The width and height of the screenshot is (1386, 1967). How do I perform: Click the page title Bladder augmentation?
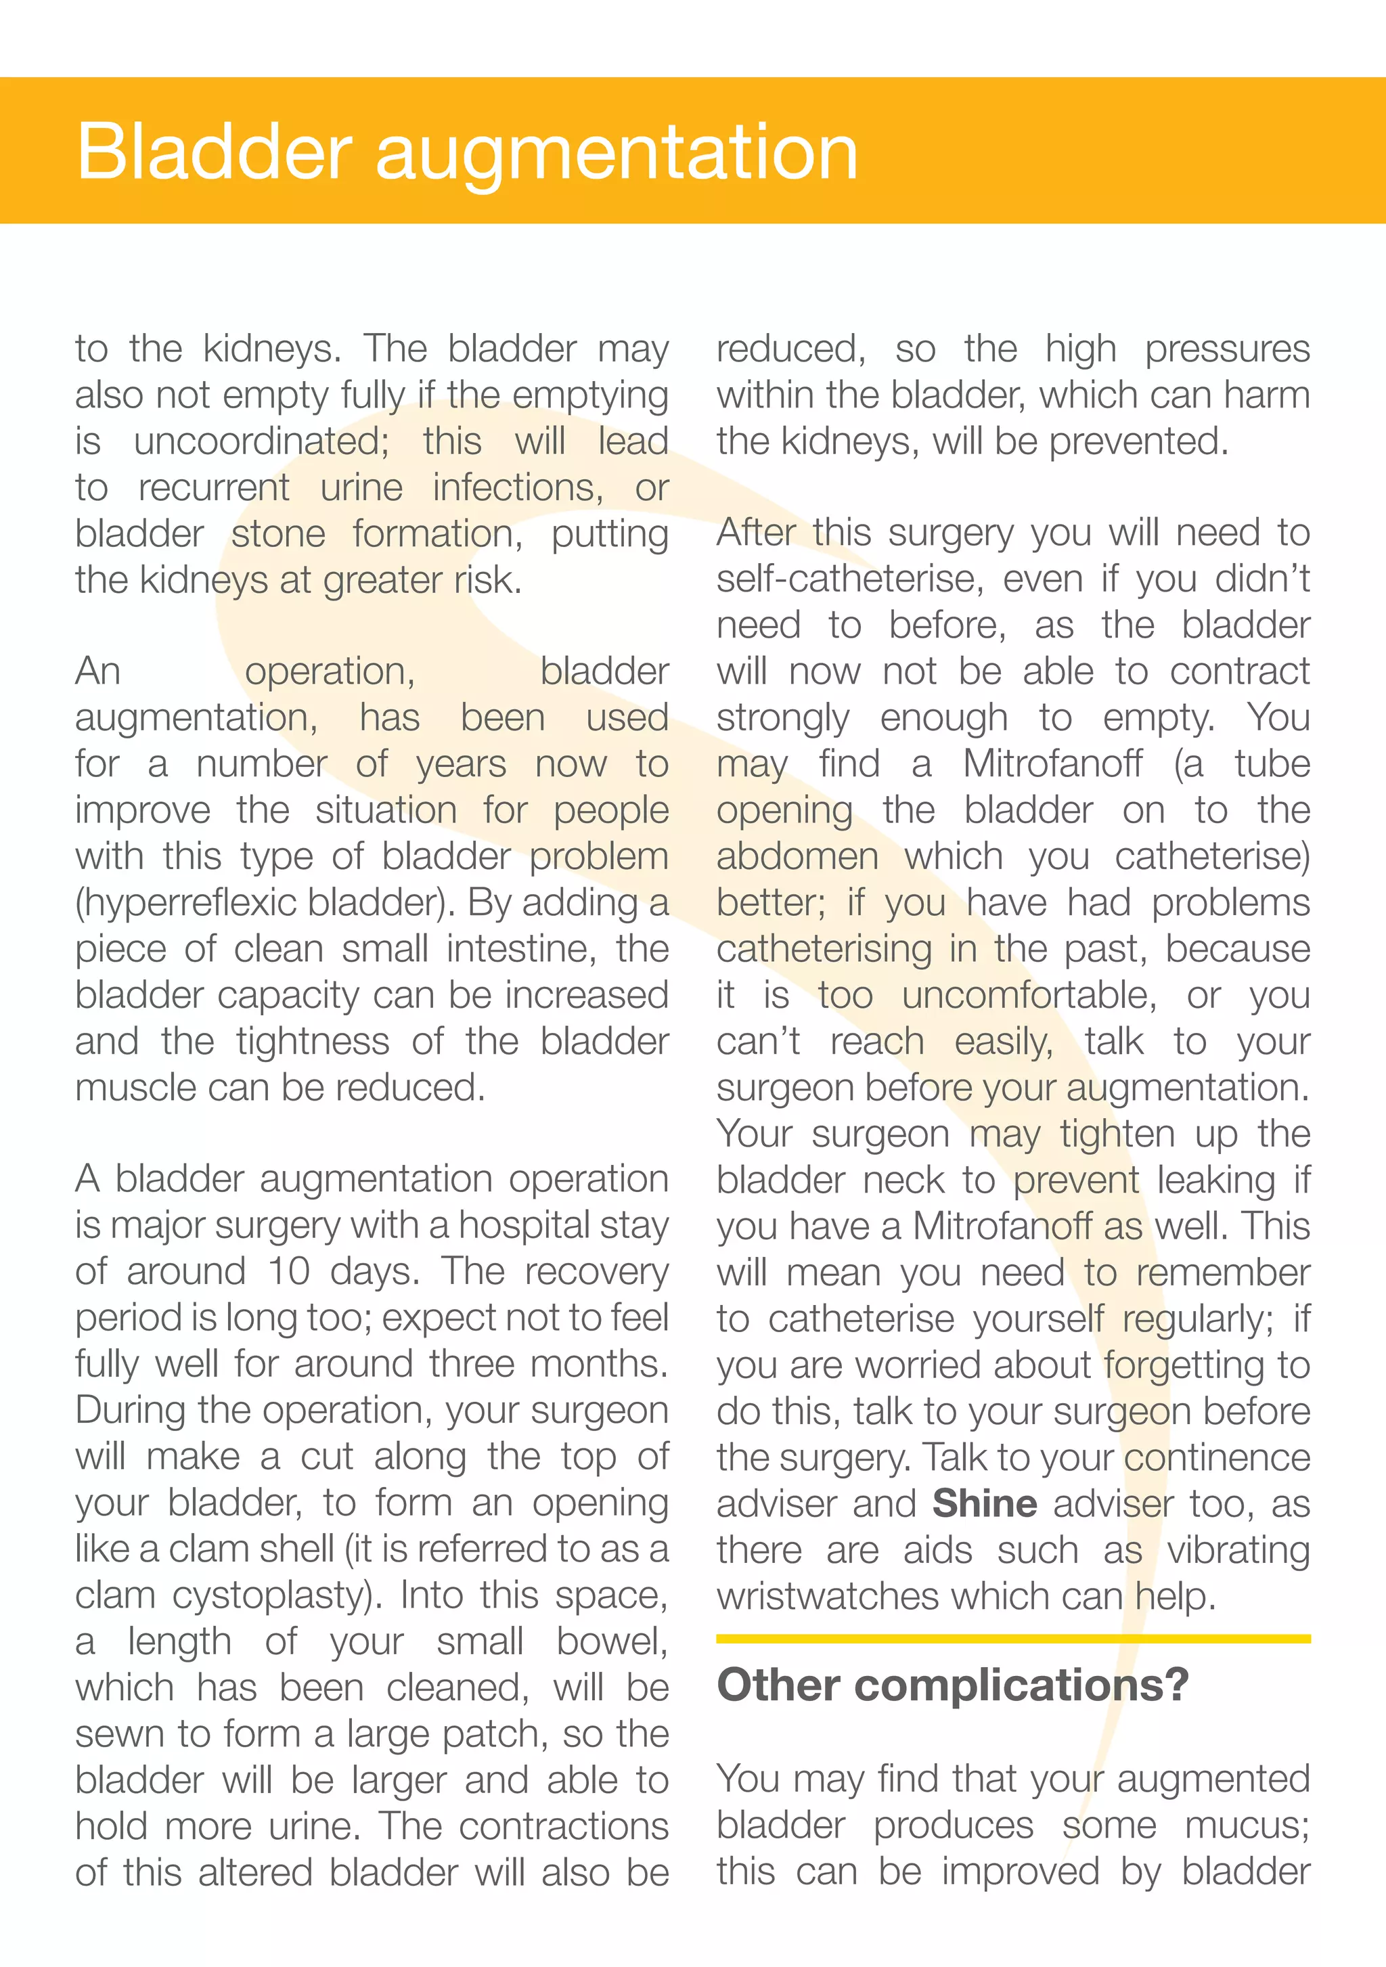tap(467, 152)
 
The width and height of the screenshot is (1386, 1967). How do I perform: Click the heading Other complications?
tap(953, 1684)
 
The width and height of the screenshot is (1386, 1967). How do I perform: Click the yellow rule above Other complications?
tap(1012, 1639)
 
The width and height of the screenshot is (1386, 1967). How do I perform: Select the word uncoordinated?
tap(261, 442)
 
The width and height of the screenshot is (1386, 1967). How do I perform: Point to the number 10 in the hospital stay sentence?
tap(289, 1271)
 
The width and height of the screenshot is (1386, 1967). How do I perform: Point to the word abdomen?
tap(797, 857)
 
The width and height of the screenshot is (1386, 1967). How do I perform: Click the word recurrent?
tap(213, 488)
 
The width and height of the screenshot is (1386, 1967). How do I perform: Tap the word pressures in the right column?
tap(1227, 349)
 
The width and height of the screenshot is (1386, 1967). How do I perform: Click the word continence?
tap(1217, 1458)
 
